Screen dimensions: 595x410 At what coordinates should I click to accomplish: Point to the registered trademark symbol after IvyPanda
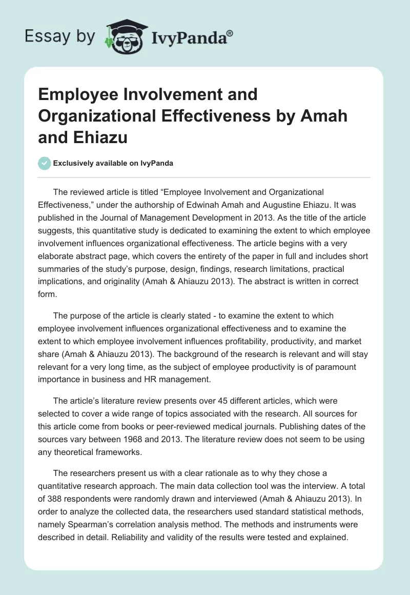pos(230,33)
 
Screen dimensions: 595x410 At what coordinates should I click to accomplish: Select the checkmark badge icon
pos(44,163)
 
